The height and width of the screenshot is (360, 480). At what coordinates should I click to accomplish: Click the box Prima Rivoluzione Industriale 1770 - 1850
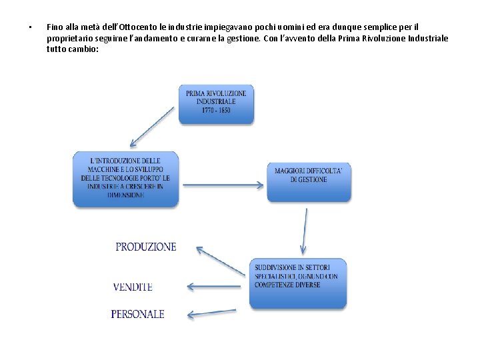[216, 103]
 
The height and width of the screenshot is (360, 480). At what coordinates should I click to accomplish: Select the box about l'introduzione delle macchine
[125, 178]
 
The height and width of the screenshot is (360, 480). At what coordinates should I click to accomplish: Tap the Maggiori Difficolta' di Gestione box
[309, 181]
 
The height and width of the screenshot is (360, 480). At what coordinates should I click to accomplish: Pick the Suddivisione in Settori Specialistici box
[298, 283]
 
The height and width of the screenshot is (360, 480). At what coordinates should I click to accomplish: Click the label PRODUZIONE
[146, 247]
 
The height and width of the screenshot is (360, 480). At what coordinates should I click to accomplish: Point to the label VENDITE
[133, 287]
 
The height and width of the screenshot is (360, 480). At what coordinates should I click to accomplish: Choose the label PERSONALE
[137, 314]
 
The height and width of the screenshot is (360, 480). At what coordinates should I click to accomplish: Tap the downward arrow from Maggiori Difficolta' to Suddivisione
[305, 231]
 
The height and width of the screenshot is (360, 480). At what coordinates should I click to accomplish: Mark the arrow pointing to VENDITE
[217, 287]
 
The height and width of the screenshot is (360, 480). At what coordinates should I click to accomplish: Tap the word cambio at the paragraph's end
[83, 50]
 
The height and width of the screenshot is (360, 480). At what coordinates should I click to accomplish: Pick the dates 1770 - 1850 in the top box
[216, 111]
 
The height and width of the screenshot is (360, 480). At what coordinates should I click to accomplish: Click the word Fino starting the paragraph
[55, 27]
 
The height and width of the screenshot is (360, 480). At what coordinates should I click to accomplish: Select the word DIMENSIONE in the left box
[125, 195]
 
